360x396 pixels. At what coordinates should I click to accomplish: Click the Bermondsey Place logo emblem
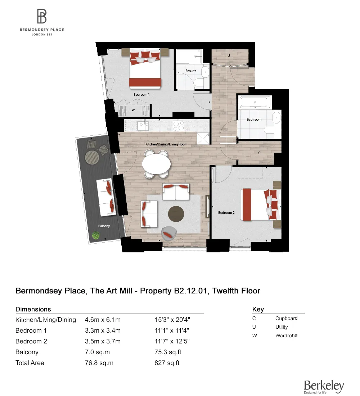coord(42,17)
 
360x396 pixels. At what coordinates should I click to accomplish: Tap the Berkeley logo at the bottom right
coord(324,386)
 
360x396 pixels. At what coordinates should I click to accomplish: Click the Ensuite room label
coord(191,71)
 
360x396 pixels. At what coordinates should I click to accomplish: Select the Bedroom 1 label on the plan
coord(141,94)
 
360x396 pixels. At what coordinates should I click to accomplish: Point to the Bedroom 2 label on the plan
coord(226,213)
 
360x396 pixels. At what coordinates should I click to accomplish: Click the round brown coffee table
coord(176,214)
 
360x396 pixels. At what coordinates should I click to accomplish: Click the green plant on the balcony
coord(96,235)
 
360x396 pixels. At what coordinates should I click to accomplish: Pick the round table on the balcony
coord(92,157)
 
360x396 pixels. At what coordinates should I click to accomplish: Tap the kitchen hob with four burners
coord(179,126)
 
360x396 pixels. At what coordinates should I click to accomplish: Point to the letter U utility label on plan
coord(228,56)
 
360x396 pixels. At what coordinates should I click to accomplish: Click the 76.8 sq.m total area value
coord(99,363)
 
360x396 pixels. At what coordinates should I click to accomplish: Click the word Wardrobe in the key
coord(286,336)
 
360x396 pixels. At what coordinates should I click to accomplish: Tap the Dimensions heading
coord(33,309)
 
